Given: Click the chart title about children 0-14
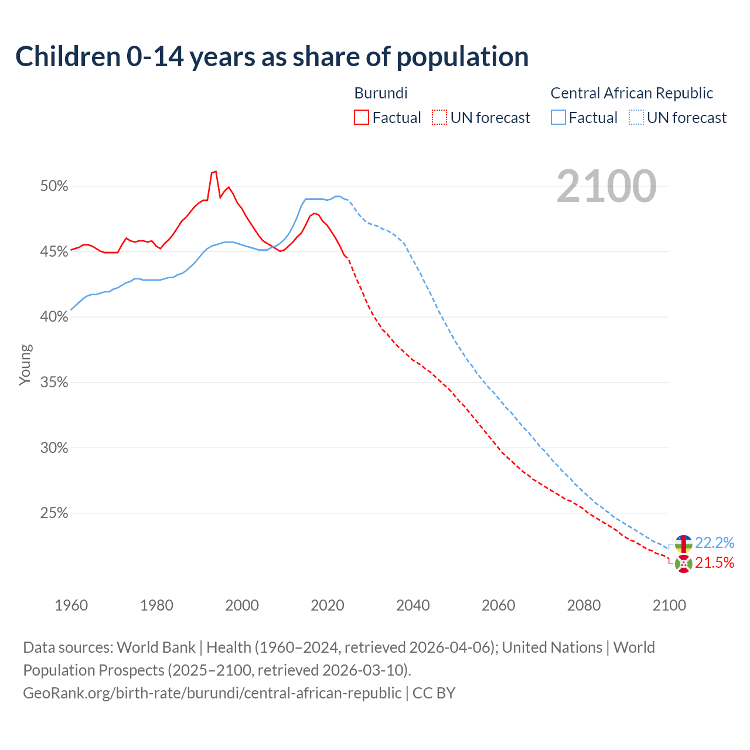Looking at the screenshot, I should click(x=272, y=57).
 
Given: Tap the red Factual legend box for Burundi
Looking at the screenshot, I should click(x=362, y=118).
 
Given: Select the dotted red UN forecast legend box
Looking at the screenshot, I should click(x=439, y=118).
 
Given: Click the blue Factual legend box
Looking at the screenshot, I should click(x=558, y=118).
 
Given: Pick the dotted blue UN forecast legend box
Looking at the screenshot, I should click(x=636, y=118).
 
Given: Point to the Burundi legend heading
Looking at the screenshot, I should click(x=381, y=93).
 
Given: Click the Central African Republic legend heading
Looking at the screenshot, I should click(x=632, y=93).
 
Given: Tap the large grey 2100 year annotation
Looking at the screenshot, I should click(x=606, y=186).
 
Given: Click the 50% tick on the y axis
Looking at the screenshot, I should click(x=54, y=186).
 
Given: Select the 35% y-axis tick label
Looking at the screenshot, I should click(x=54, y=383).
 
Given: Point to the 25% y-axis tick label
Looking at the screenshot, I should click(x=54, y=513).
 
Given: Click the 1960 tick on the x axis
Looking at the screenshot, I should click(x=71, y=605).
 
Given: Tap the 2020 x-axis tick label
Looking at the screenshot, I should click(x=328, y=605).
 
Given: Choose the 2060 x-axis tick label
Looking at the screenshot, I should click(x=499, y=605).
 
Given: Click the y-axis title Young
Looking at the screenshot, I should click(x=25, y=364).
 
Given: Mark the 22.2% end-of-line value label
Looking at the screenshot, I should click(x=714, y=543).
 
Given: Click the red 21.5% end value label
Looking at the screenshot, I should click(x=714, y=563).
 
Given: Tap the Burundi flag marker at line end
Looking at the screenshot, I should click(x=683, y=564).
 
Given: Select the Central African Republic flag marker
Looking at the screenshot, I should click(x=683, y=544).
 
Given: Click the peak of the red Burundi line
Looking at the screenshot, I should click(x=216, y=171).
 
